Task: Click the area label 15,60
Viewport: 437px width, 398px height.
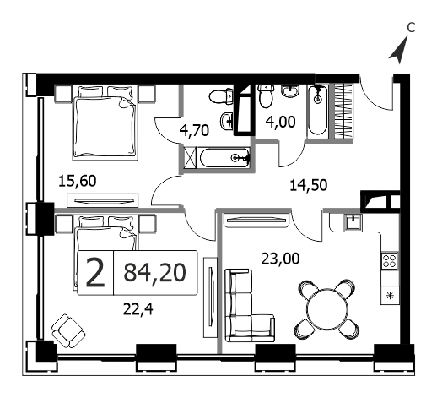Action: (x=78, y=181)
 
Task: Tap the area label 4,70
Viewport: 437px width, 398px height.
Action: (x=194, y=130)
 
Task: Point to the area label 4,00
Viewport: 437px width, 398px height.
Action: (x=280, y=122)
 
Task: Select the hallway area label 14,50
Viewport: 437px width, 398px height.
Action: (x=309, y=185)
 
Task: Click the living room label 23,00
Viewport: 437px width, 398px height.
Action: (x=280, y=259)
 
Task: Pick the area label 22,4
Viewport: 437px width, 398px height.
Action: (x=138, y=309)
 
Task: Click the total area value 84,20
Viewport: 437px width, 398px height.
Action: (x=155, y=272)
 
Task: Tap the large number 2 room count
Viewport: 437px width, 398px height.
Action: (x=95, y=273)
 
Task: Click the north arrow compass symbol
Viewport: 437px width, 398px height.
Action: (x=399, y=50)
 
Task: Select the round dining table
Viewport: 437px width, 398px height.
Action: (x=327, y=309)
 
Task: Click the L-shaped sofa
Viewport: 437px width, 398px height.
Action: (x=250, y=305)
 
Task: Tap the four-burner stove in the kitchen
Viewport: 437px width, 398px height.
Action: (x=390, y=260)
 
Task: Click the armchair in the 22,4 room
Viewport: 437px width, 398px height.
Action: (x=68, y=331)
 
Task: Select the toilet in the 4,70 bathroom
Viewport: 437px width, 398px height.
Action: (x=221, y=96)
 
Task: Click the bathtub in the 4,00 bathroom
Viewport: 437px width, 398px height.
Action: (x=318, y=112)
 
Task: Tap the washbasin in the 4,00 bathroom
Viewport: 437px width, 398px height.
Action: (x=291, y=90)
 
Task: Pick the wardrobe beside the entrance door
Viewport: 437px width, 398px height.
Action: (x=343, y=111)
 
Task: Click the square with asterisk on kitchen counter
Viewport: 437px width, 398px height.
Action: (x=390, y=295)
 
